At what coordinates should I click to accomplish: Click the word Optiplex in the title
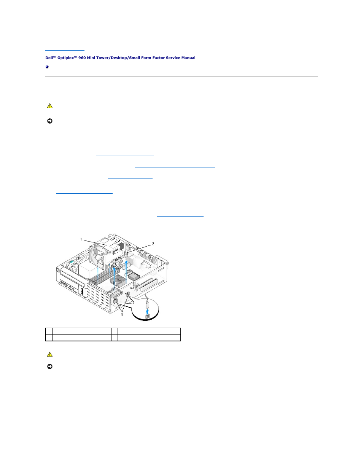65,58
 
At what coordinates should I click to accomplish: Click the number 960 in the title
82,58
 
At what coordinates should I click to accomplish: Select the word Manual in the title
188,58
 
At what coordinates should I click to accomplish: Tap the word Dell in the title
49,58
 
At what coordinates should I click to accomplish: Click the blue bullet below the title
47,67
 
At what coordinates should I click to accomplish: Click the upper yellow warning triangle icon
50,106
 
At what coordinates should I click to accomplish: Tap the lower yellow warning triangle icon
50,354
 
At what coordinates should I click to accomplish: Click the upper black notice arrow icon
50,121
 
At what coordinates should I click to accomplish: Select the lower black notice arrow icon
50,366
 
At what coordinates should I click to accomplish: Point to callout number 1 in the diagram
81,239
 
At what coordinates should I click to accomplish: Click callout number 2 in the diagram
153,244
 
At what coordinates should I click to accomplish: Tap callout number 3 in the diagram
122,314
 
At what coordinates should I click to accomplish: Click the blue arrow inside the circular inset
148,312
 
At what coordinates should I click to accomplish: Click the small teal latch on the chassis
72,262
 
